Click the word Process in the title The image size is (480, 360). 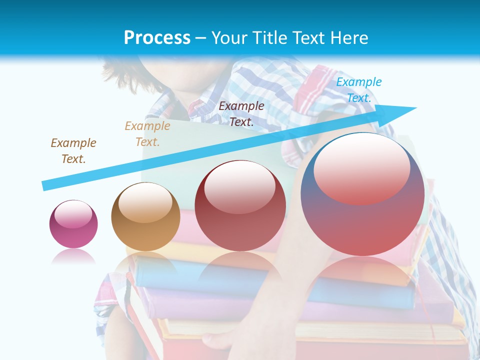tap(157, 38)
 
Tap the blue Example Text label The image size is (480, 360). tap(359, 90)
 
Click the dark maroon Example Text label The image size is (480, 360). tap(241, 113)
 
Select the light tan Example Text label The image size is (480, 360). tap(147, 134)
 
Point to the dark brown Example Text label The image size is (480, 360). tap(73, 150)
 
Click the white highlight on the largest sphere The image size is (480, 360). tap(362, 167)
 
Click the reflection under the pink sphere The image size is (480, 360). tap(73, 257)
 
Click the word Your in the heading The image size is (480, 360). tap(227, 38)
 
